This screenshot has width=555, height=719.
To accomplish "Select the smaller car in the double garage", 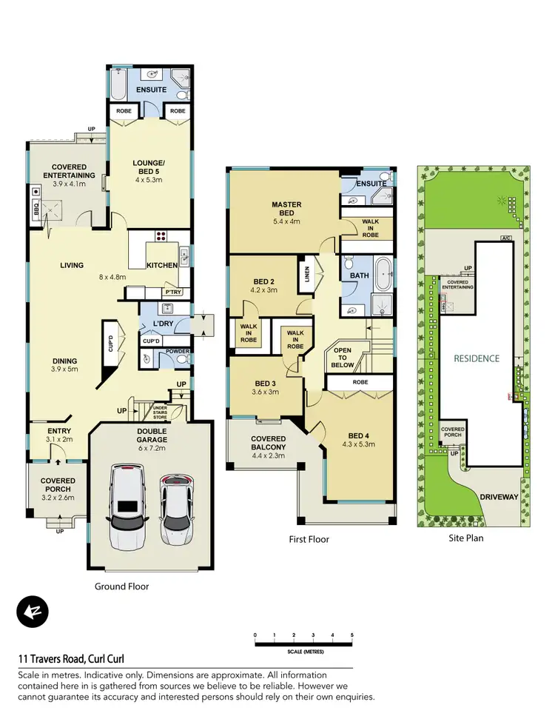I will (175, 509).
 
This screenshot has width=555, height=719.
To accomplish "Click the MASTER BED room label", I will (286, 204).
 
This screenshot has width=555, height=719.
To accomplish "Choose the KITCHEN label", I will (161, 265).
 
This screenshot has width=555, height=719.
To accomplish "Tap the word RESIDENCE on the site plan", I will (477, 358).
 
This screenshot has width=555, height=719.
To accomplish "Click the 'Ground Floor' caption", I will (121, 586).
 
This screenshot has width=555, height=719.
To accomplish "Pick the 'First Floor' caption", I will (309, 539).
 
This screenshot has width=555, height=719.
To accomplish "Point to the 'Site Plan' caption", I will (465, 538).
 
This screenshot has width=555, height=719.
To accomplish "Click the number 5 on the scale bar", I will (352, 635).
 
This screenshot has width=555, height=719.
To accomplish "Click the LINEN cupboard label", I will (303, 275).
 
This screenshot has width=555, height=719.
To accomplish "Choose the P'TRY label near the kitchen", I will (173, 292).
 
